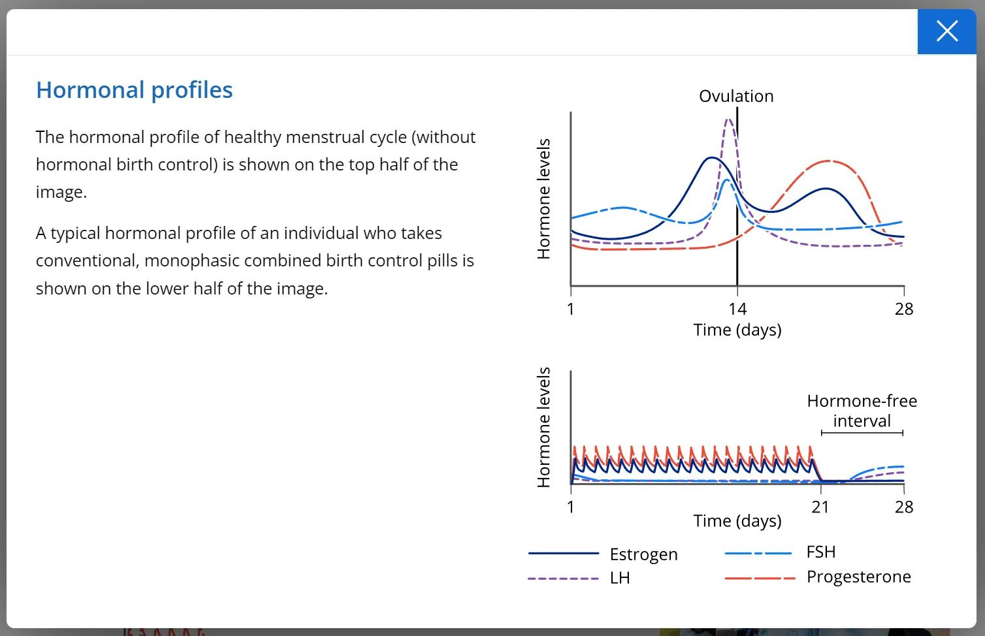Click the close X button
coord(946,31)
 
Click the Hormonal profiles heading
coord(134,90)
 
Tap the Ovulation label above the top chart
coord(736,97)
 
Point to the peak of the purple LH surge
coord(728,120)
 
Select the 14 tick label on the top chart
coord(737,309)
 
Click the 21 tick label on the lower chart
coord(820,507)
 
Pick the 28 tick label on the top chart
coord(904,309)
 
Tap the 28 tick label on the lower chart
coord(904,507)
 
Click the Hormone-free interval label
coord(862,411)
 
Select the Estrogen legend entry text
coord(643,554)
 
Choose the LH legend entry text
coord(620,579)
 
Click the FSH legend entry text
coord(821,552)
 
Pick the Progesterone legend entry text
coord(858,577)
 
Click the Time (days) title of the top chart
coord(737,330)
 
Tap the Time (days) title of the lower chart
coord(737,521)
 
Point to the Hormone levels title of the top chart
coord(543,199)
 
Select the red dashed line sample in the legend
coord(760,579)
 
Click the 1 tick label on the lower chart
coord(571,507)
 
